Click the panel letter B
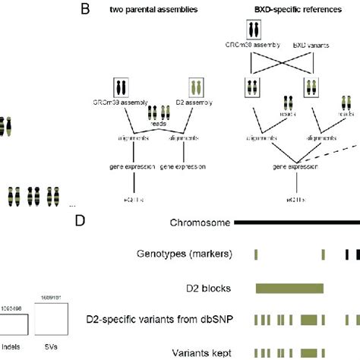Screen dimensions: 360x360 click(x=86, y=10)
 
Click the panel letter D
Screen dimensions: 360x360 click(x=83, y=222)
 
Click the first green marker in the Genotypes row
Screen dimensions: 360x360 click(x=256, y=255)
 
